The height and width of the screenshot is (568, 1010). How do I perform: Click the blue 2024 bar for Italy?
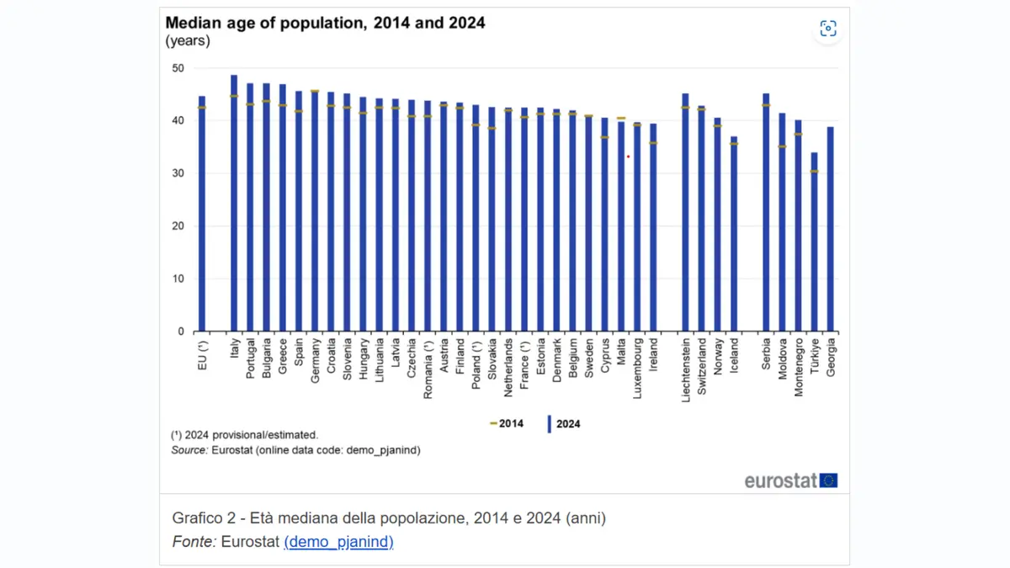234,202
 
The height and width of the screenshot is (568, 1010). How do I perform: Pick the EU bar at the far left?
202,214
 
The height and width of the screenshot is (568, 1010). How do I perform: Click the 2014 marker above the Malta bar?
621,118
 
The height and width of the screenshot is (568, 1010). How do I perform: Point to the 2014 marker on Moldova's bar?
782,146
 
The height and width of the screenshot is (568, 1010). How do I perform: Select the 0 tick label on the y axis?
180,332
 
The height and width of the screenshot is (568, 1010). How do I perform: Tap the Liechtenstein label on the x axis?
686,370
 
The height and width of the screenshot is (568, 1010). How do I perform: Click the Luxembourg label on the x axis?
638,368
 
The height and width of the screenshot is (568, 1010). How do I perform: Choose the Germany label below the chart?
316,361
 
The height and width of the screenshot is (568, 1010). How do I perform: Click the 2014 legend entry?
508,423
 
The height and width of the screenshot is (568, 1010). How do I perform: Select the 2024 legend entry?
565,423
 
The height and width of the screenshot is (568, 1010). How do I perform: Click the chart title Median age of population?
325,23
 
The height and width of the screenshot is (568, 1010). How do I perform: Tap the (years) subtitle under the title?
188,40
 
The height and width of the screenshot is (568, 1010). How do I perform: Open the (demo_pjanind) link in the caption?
338,542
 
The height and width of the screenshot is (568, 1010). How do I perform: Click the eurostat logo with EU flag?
791,480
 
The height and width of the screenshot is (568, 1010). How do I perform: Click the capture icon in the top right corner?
828,29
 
